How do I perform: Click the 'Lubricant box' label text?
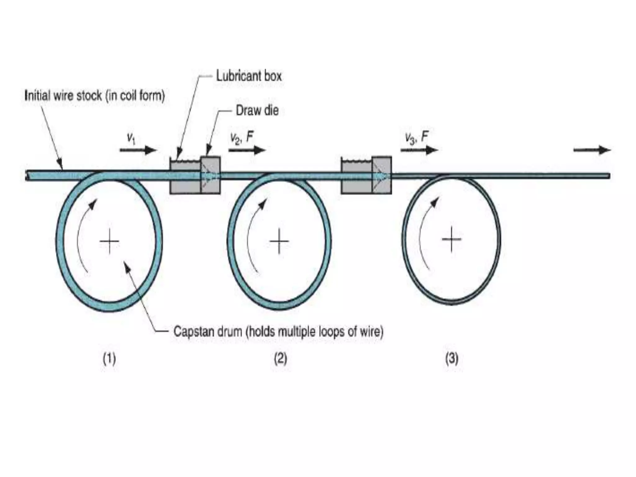[x=249, y=76]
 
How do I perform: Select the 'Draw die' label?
[x=257, y=111]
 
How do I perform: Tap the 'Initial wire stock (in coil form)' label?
[x=94, y=96]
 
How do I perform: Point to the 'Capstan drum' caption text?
[x=278, y=332]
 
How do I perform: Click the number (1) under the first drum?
[x=109, y=359]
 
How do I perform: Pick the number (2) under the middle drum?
[x=280, y=359]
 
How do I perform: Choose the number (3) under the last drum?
[x=452, y=359]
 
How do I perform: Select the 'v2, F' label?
[x=242, y=137]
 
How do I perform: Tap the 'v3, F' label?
[x=416, y=137]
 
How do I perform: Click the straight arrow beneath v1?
[x=138, y=150]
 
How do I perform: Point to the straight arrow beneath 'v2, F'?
[x=247, y=150]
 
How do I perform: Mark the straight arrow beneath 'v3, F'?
[x=419, y=150]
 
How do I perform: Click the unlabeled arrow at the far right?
[x=592, y=150]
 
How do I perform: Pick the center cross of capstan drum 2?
[x=279, y=241]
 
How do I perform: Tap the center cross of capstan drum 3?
[x=452, y=239]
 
